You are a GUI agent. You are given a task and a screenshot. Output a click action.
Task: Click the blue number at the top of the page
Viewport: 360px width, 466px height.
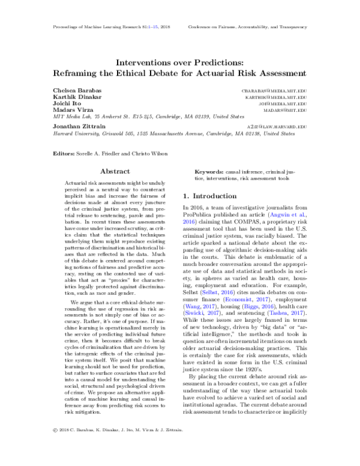(153, 27)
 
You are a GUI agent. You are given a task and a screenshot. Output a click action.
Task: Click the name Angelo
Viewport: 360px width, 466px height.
(280, 214)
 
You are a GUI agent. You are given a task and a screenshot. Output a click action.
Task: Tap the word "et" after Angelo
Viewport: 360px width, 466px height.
(294, 214)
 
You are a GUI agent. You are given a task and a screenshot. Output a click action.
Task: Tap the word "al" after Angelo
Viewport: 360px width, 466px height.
(302, 214)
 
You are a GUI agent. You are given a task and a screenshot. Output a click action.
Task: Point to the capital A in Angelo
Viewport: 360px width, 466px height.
(272, 214)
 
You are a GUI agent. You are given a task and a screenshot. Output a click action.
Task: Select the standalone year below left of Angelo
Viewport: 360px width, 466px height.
(188, 222)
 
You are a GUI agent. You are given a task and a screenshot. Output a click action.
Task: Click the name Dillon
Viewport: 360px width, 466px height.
(210, 292)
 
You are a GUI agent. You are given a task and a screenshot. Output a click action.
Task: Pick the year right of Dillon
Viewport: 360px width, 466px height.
(227, 292)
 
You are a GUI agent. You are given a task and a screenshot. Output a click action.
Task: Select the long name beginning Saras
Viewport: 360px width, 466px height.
(238, 299)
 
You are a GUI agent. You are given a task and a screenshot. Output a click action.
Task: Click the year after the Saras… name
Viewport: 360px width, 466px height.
(262, 299)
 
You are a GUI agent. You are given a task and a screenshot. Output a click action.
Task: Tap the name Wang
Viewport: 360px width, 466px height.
(192, 306)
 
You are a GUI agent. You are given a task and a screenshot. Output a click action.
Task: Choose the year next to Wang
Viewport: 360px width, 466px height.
(208, 306)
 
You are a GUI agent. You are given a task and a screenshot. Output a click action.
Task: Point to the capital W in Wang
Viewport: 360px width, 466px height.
(188, 306)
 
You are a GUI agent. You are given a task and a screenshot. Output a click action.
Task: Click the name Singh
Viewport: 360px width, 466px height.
(251, 306)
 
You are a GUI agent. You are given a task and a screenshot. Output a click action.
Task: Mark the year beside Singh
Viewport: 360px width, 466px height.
(268, 306)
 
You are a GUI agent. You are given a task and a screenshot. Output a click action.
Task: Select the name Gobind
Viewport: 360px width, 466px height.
(194, 313)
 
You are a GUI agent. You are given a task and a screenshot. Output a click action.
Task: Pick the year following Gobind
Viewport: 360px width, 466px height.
(213, 313)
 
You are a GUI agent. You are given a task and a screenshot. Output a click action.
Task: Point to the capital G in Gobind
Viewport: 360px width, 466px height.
(187, 313)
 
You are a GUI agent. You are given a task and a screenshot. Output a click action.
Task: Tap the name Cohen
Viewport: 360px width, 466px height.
(278, 313)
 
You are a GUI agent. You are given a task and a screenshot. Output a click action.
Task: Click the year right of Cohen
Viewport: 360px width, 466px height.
(297, 313)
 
